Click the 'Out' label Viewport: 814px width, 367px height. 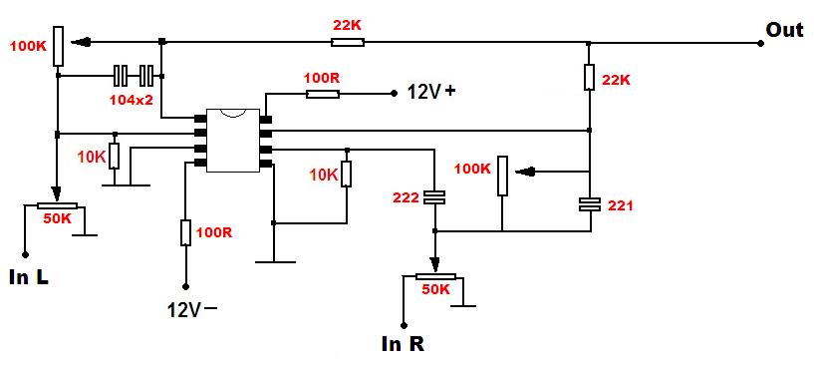tap(784, 30)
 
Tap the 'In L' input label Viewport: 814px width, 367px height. tap(29, 277)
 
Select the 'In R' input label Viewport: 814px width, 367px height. tap(403, 344)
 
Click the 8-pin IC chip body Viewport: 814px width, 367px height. tap(233, 141)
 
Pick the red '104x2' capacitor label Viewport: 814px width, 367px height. tap(131, 100)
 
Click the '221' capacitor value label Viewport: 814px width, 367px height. tap(620, 205)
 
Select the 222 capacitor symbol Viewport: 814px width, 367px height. tap(435, 197)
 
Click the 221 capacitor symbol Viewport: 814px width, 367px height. tap(590, 204)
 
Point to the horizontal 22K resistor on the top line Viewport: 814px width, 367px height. tap(348, 42)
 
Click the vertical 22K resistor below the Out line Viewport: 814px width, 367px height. tap(590, 77)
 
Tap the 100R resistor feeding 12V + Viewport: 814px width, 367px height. tap(323, 94)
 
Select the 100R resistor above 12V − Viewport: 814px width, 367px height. tap(186, 232)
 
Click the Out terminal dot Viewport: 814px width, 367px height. tap(760, 44)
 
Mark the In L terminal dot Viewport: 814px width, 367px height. tap(25, 254)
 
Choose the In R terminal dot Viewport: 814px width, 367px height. tap(403, 325)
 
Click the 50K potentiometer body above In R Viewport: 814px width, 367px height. tap(435, 277)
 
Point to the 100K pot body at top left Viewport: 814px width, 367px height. tap(58, 47)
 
